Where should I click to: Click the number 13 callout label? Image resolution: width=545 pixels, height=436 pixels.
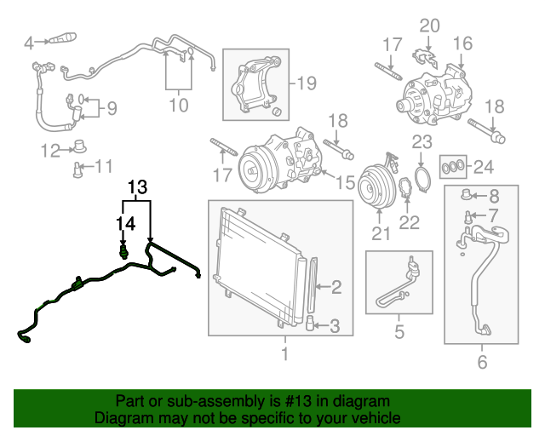click(x=137, y=186)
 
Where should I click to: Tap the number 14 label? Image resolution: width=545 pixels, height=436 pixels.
click(x=125, y=222)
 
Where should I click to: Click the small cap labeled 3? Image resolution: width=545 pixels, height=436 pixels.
click(x=311, y=324)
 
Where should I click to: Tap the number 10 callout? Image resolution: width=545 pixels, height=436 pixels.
click(x=178, y=106)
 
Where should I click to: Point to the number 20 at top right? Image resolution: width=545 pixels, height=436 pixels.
click(x=430, y=25)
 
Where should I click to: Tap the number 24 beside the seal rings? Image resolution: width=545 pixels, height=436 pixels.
click(x=483, y=165)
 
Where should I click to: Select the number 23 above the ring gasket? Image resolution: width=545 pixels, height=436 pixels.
click(x=423, y=141)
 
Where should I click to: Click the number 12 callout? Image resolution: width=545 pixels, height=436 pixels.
click(x=49, y=151)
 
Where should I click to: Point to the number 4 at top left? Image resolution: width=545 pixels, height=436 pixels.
click(x=30, y=42)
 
